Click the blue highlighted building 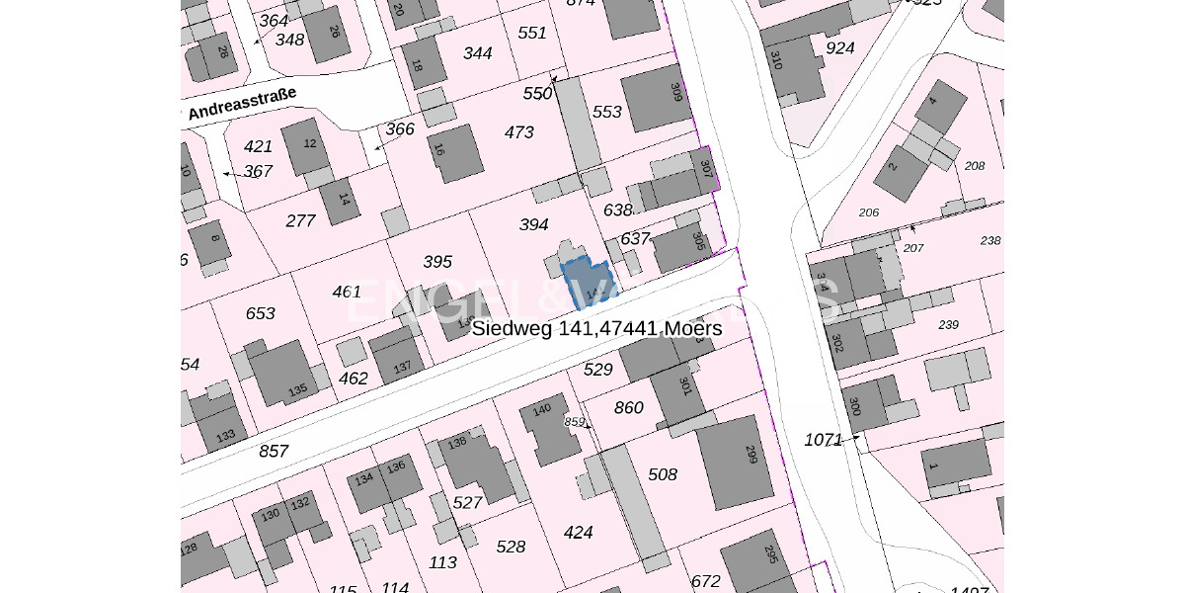tap(586, 283)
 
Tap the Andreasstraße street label tap(241, 103)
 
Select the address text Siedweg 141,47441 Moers tap(596, 328)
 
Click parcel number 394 tap(533, 225)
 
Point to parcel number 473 tap(518, 132)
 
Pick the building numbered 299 tap(736, 461)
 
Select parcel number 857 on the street tap(274, 452)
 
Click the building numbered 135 tap(283, 374)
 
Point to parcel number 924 tap(839, 47)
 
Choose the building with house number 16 tap(455, 153)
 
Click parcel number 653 tap(260, 313)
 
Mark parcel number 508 tap(663, 475)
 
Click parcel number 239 tap(948, 325)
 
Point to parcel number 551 tap(531, 33)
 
